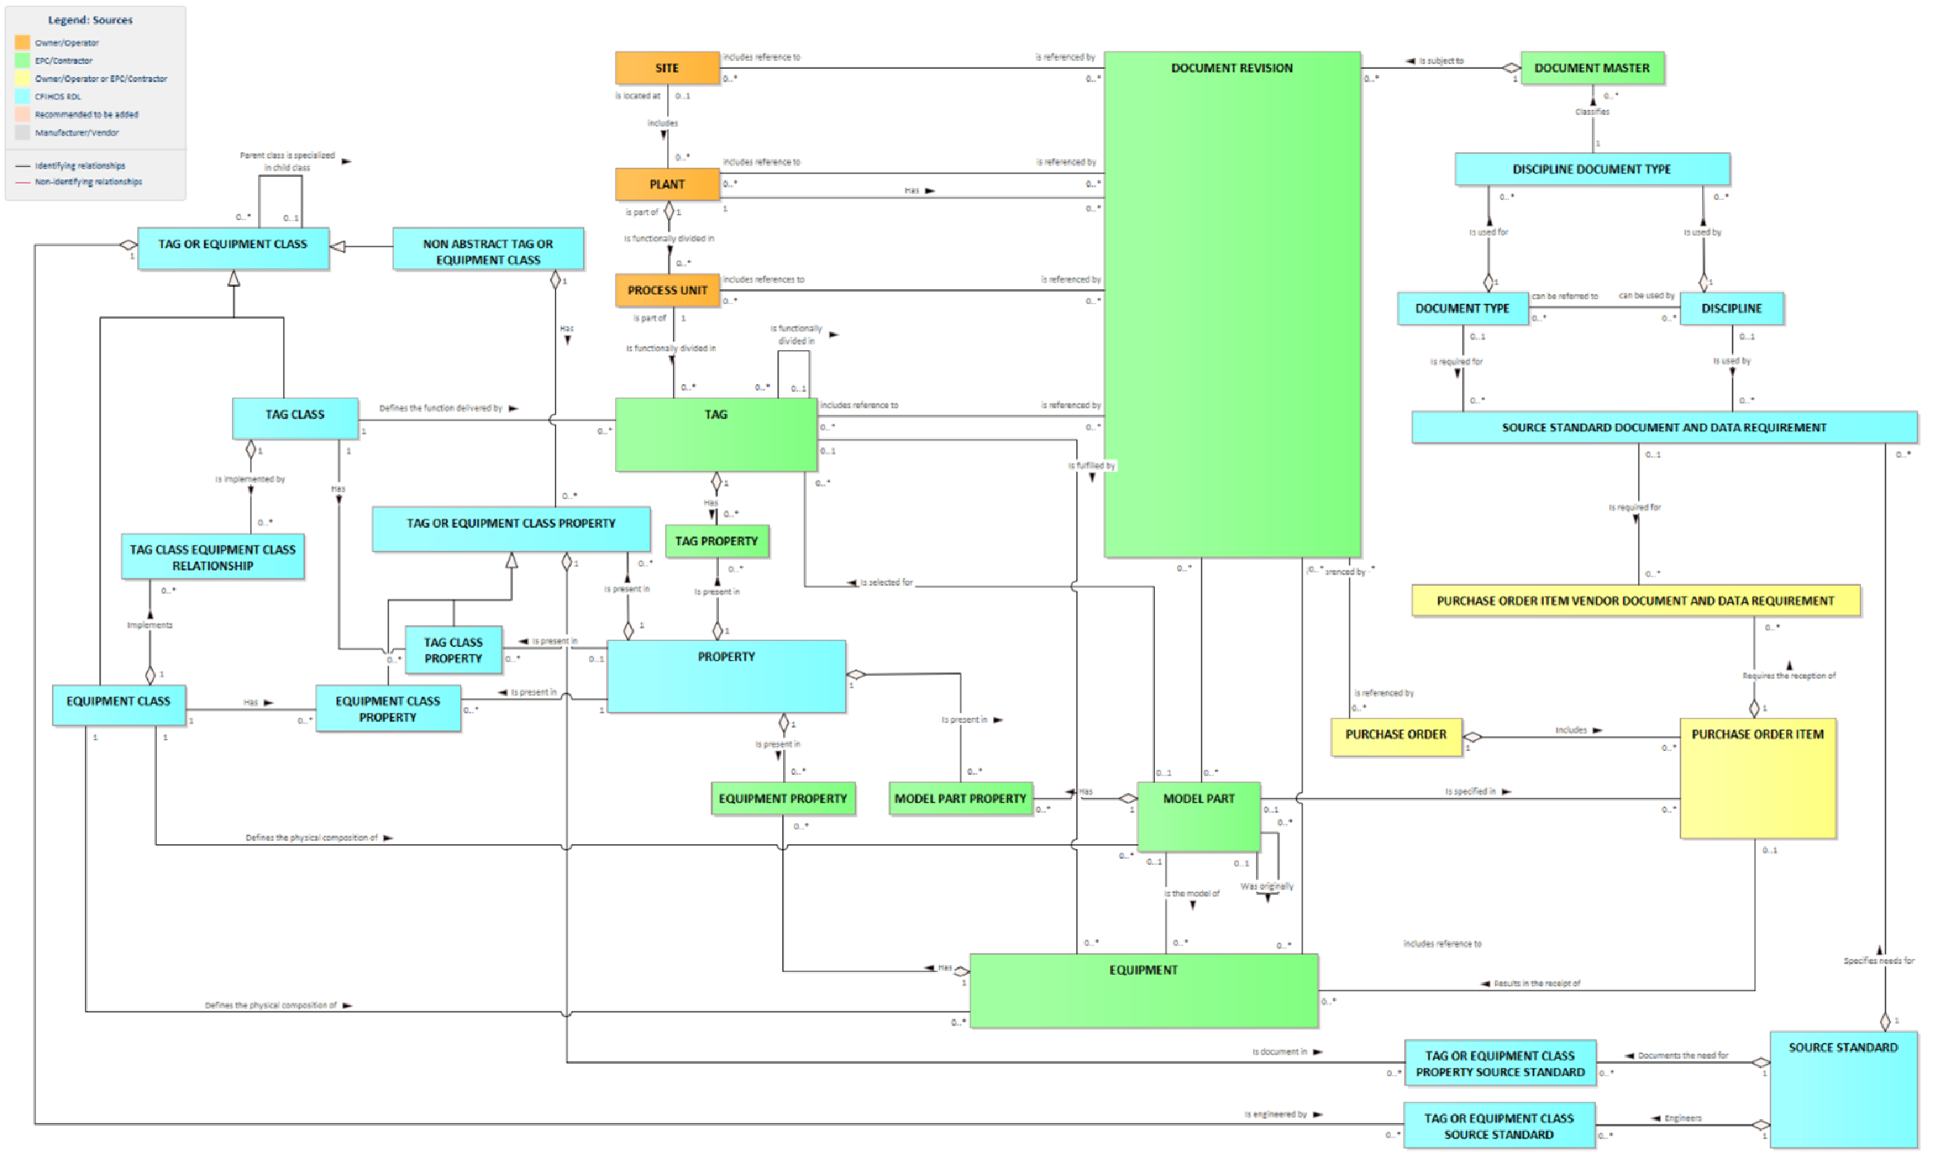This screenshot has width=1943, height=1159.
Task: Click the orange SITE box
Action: tap(667, 68)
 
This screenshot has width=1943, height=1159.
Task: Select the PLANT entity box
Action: tap(667, 184)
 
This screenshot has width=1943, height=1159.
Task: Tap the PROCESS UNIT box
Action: tap(667, 290)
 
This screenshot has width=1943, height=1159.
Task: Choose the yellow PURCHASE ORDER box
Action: tap(1395, 736)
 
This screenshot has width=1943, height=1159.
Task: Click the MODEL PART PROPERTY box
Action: tap(960, 799)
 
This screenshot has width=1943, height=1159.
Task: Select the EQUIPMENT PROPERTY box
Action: tap(782, 799)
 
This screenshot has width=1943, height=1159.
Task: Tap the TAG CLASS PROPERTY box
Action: tap(453, 650)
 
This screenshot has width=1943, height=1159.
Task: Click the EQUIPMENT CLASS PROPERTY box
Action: tap(387, 709)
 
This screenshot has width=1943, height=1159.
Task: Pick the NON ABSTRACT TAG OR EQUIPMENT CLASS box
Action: tap(488, 251)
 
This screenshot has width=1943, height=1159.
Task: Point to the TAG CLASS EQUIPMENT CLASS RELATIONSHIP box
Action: tap(212, 558)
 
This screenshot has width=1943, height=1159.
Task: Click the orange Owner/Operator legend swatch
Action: tap(22, 42)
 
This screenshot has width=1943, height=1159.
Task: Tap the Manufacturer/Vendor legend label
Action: tap(77, 133)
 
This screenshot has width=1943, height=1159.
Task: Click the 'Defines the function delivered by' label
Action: tap(440, 409)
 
